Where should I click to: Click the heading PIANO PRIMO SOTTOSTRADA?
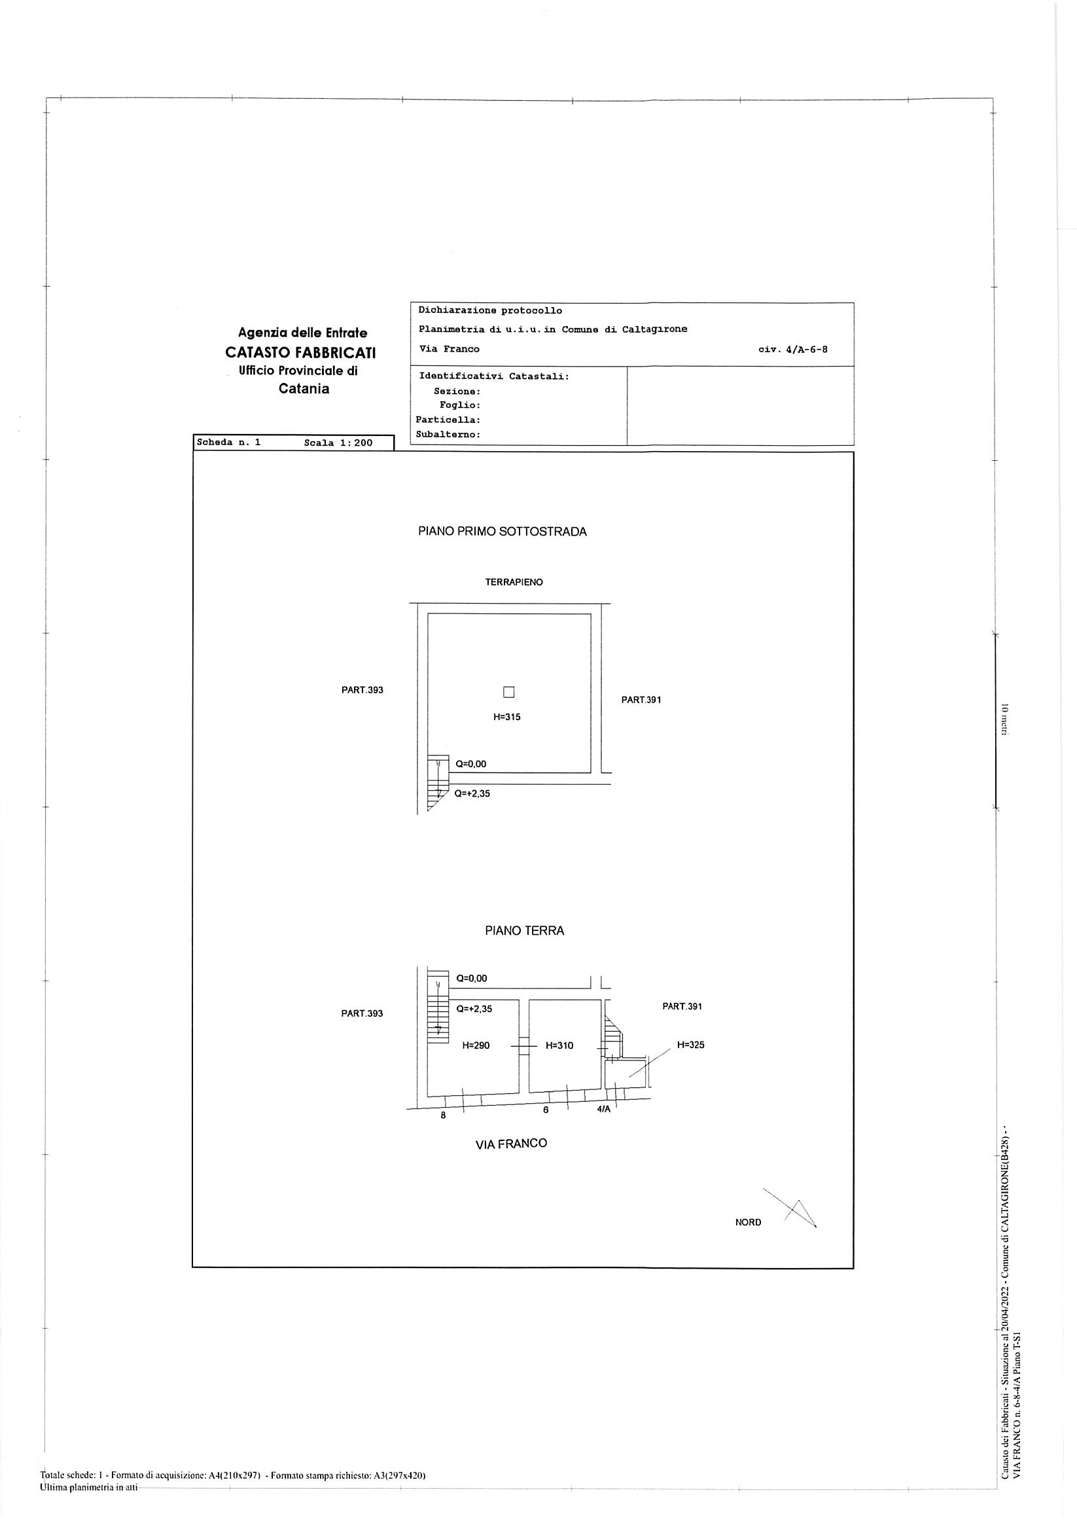[503, 532]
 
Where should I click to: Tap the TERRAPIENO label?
[514, 582]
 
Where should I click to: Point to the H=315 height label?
[507, 717]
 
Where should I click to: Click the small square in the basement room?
[508, 693]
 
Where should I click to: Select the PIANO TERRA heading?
[524, 931]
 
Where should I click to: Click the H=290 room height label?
[476, 1045]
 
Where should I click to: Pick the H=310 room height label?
[559, 1045]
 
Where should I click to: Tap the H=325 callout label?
[691, 1045]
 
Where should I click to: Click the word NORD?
[748, 1222]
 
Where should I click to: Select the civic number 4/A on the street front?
[603, 1109]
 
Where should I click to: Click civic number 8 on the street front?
[443, 1116]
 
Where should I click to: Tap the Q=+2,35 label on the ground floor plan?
[474, 1008]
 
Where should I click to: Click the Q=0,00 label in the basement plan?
[470, 764]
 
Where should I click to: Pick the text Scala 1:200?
[338, 443]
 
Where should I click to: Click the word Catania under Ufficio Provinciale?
[304, 389]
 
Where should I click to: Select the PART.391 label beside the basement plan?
[641, 700]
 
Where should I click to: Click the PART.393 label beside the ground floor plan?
[362, 1013]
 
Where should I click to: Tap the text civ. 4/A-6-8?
[792, 349]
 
